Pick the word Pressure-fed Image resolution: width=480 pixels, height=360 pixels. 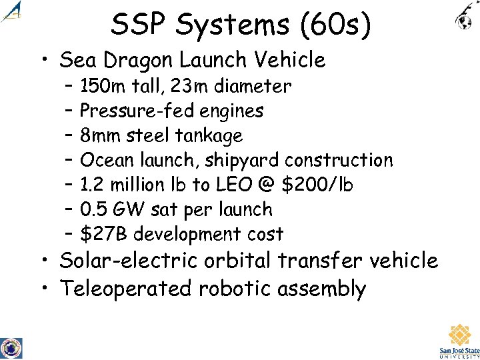click(130, 111)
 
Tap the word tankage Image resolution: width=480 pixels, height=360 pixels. click(209, 136)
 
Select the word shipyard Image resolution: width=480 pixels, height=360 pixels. click(243, 161)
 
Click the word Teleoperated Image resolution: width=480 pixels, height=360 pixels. click(126, 289)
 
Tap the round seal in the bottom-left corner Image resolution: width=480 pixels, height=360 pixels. click(11, 347)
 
